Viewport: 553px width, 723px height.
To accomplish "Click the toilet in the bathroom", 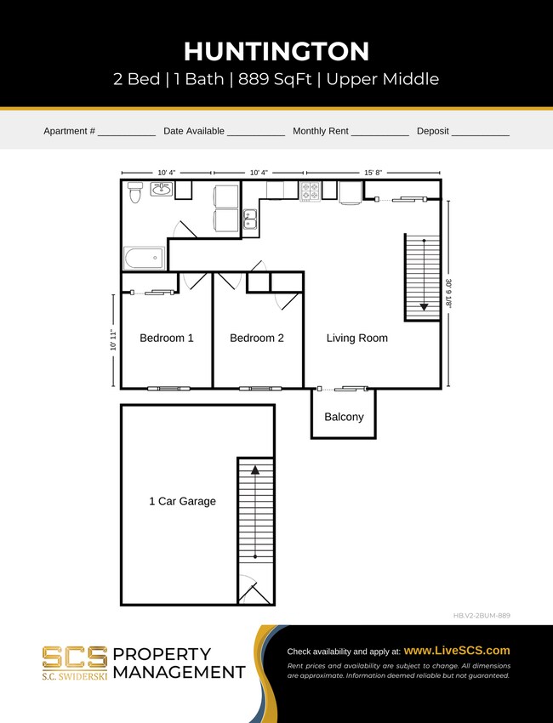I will coord(134,193).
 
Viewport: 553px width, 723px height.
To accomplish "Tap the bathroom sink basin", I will coord(161,189).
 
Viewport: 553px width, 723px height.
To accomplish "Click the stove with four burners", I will coord(310,191).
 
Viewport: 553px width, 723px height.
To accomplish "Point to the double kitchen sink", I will coord(250,219).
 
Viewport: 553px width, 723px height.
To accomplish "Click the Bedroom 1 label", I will coord(167,338).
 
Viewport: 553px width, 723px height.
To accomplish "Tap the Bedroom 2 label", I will coord(257,338).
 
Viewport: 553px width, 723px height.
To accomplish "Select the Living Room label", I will coord(356,338).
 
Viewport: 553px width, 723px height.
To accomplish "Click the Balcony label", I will coord(344,417).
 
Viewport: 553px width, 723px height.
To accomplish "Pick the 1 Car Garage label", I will coord(182,501).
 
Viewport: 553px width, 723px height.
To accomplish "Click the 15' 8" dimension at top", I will coord(373,173).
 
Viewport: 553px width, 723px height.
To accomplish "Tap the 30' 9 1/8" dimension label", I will coord(448,293).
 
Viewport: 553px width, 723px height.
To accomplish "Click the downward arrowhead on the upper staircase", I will coord(423,307).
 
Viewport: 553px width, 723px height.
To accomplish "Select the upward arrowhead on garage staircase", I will coord(255,469).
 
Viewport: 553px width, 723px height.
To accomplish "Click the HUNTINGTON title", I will coord(276,52).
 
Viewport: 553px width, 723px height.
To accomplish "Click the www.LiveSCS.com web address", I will coord(457,650).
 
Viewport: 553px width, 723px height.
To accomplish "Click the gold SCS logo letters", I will coord(75,657).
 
